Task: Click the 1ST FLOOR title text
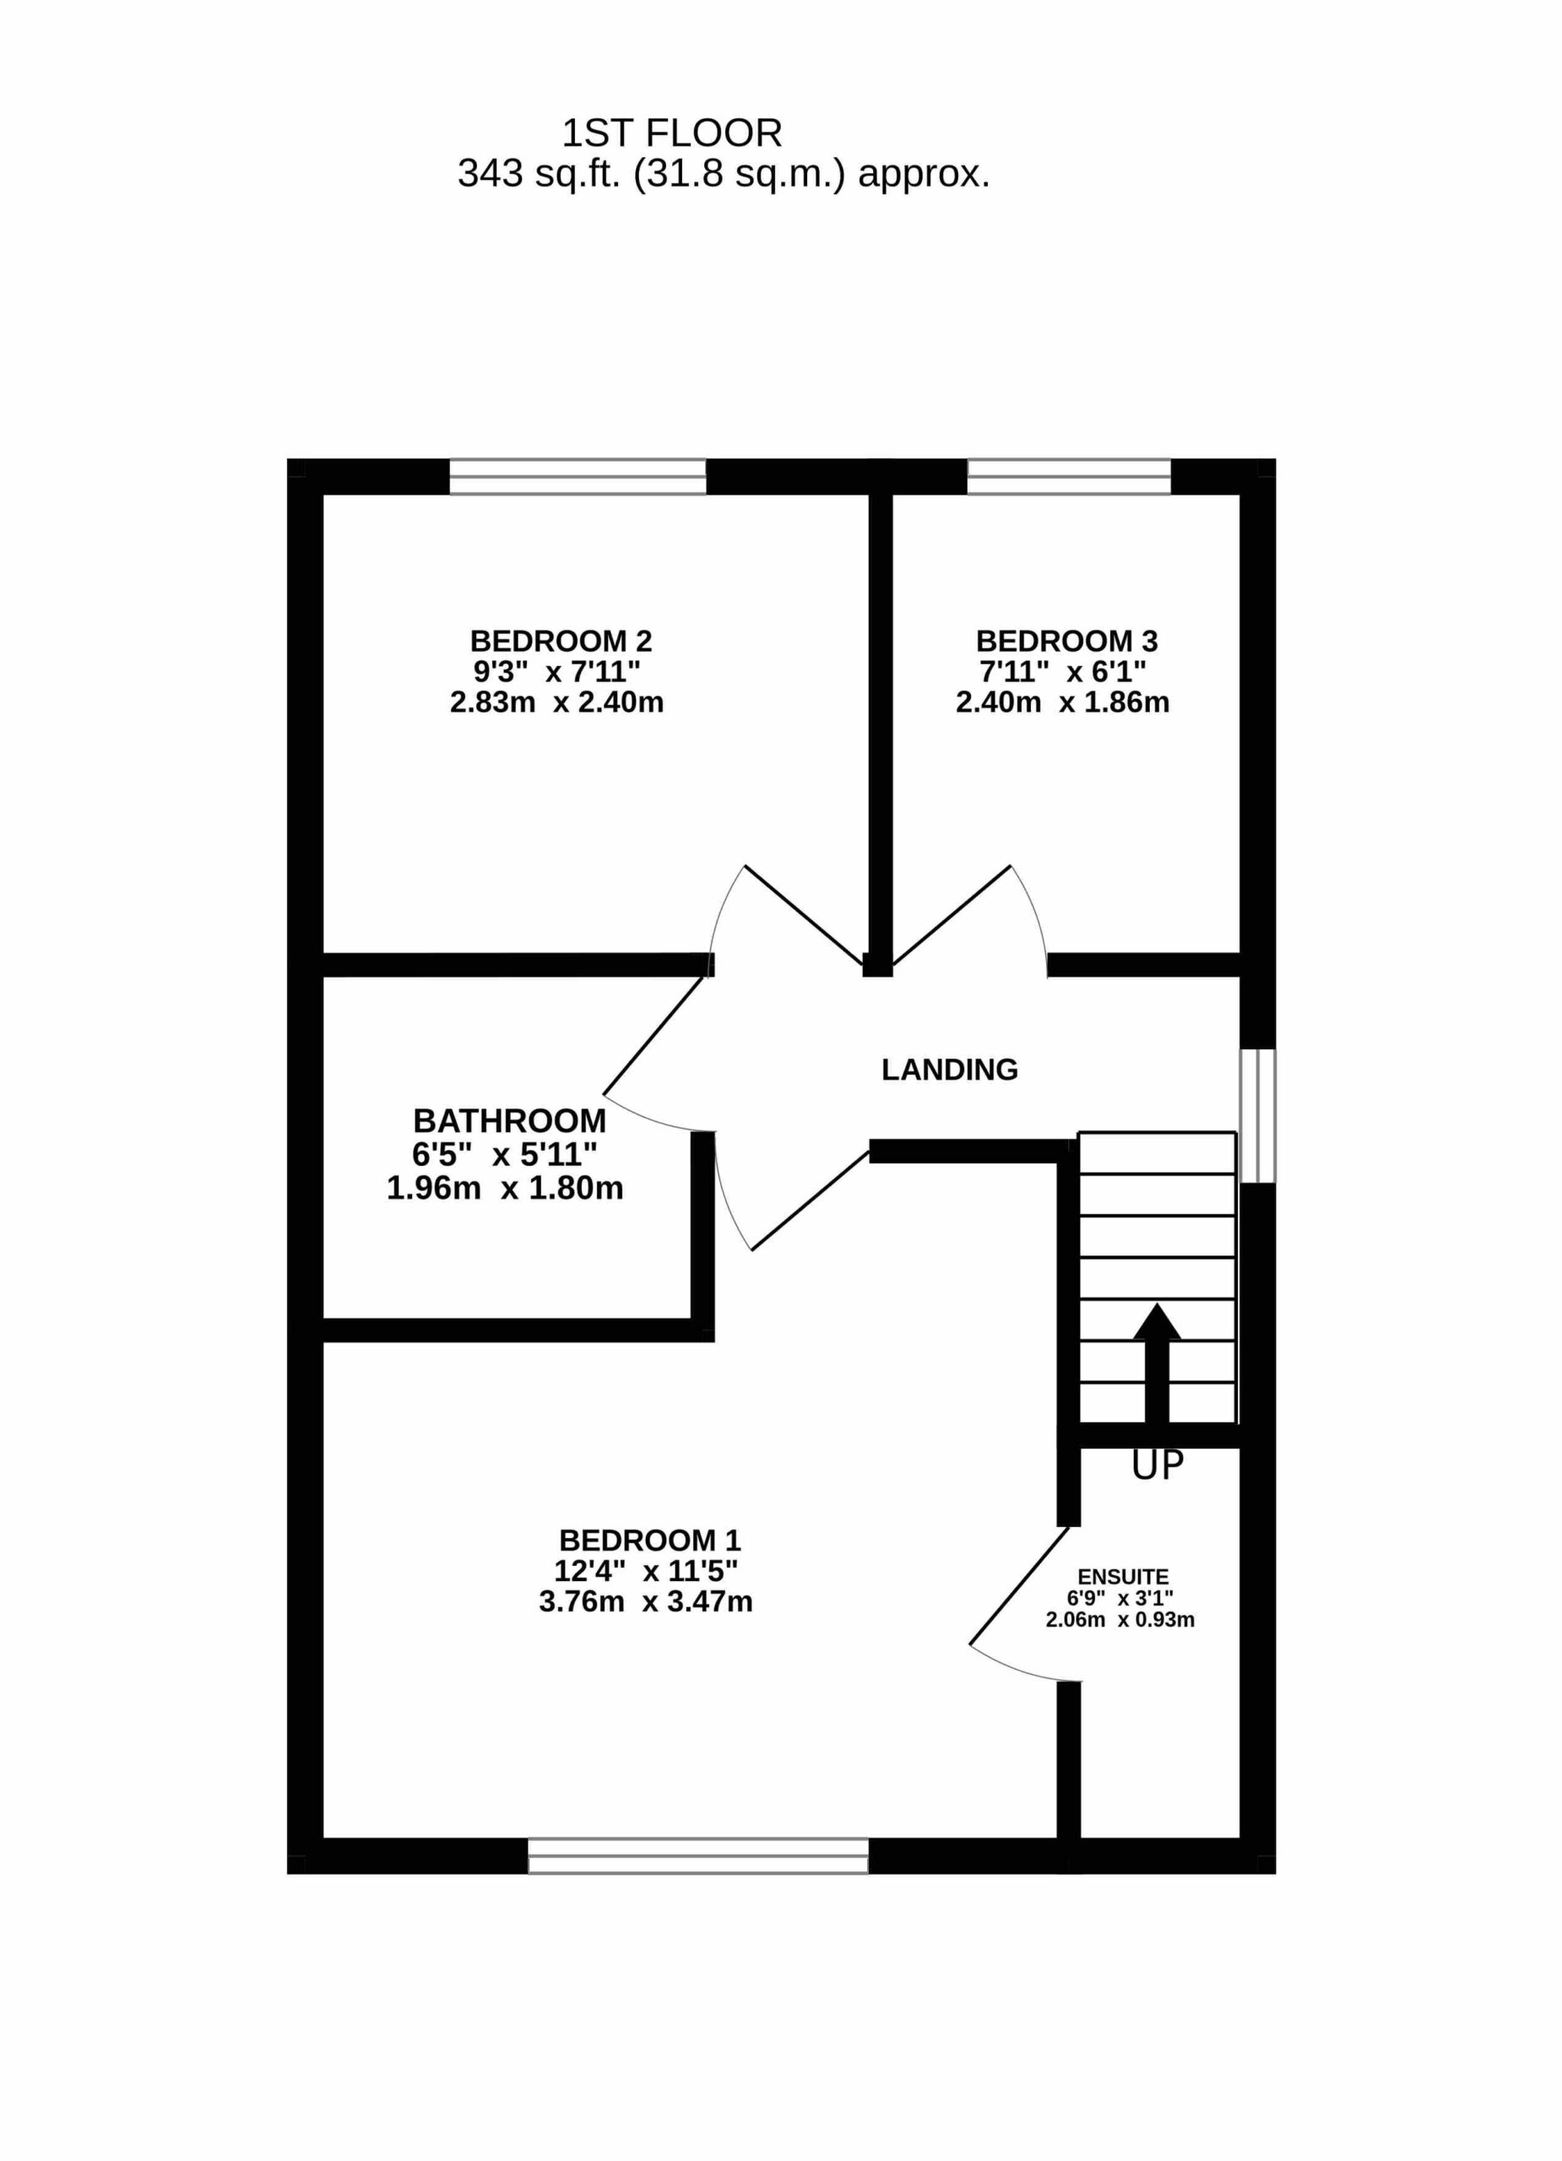[672, 133]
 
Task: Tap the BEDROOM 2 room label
[561, 641]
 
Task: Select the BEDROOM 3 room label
[1066, 641]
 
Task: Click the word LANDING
[949, 1070]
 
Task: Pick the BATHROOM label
[510, 1120]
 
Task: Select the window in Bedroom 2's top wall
[578, 476]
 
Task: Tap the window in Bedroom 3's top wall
[1068, 476]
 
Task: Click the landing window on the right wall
[1257, 1116]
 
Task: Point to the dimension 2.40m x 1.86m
[1063, 702]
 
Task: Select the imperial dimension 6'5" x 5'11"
[505, 1155]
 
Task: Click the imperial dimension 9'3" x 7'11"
[557, 672]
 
